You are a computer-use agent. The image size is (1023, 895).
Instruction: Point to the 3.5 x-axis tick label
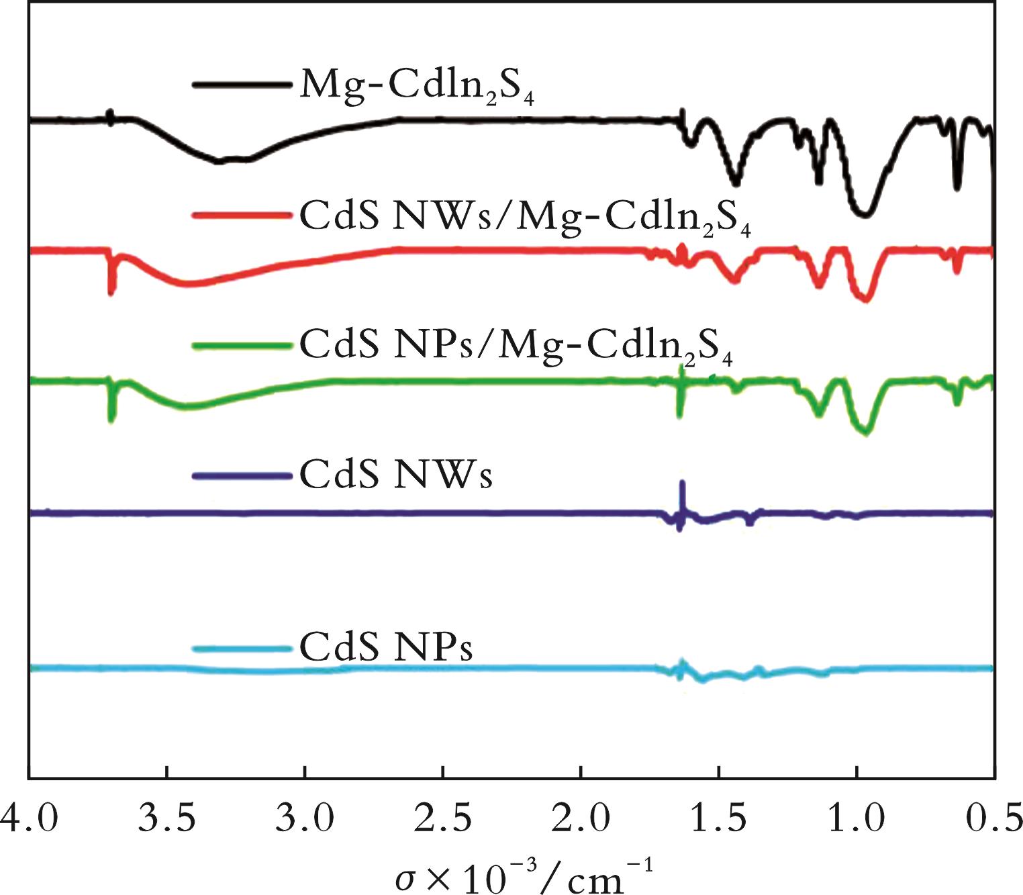coord(166,820)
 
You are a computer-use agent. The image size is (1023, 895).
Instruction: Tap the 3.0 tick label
coord(305,820)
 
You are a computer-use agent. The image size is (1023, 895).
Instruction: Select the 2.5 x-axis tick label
coord(443,820)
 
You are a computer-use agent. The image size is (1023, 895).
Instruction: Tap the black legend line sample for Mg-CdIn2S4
coord(242,85)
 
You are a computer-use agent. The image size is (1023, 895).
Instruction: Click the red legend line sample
coord(242,215)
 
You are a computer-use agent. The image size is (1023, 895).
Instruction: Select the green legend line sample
coord(242,346)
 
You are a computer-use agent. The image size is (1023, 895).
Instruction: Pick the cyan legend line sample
coord(242,648)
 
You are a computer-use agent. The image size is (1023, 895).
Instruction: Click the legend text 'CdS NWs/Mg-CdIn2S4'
coord(524,218)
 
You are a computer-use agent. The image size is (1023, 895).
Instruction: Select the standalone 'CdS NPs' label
coord(386,647)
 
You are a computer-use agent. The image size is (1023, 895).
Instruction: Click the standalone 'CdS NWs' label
coord(396,475)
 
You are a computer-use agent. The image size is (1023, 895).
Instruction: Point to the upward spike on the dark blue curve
coord(682,485)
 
